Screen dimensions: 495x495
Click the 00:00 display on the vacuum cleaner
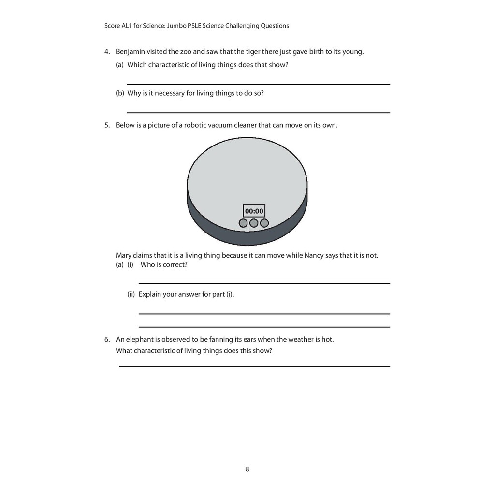tap(254, 211)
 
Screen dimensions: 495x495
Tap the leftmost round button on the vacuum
tap(243, 223)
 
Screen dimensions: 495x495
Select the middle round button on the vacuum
tap(254, 223)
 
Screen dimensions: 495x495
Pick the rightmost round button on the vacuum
tap(264, 223)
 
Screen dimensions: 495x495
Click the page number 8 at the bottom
tap(247, 469)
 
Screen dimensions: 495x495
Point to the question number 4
tap(107, 52)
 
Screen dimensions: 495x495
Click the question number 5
tap(107, 125)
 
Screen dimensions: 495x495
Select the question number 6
tap(107, 339)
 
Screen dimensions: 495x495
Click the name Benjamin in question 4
tap(131, 52)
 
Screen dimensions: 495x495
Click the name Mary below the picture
tap(124, 255)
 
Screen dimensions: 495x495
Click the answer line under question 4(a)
tap(258, 84)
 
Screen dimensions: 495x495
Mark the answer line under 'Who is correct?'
tap(264, 283)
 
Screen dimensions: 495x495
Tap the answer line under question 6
tap(254, 366)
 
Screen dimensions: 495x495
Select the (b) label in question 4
tap(120, 93)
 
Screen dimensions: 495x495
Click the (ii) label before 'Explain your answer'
tap(131, 294)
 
